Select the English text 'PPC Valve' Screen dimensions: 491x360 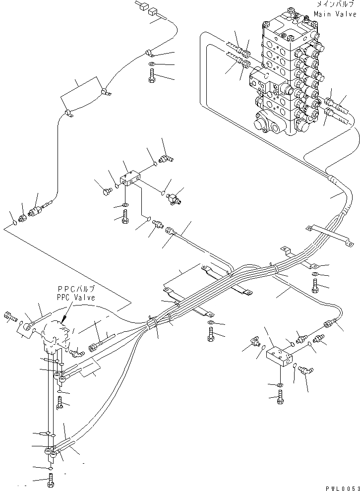(75, 297)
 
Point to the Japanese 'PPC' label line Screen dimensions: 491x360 (75, 289)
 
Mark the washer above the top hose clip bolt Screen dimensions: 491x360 (151, 65)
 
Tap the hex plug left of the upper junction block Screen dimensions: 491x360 (106, 190)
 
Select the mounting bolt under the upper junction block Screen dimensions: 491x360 (124, 217)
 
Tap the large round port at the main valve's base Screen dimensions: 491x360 (261, 124)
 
